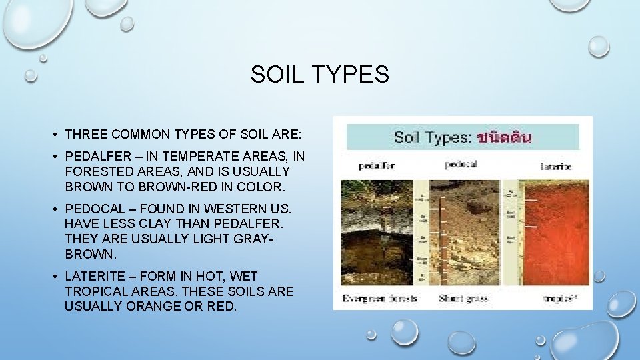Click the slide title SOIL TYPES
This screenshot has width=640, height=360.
click(319, 75)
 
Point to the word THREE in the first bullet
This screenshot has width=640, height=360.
click(87, 134)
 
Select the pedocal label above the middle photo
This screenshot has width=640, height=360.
click(461, 164)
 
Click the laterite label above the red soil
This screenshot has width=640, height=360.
click(555, 166)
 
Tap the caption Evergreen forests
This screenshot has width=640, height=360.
click(379, 298)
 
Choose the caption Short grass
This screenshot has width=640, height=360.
click(463, 298)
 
